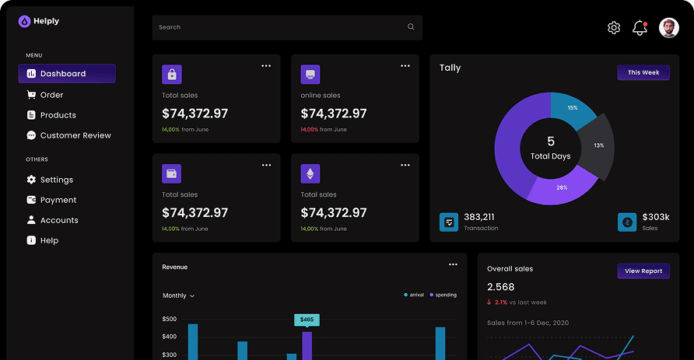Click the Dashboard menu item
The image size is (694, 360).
(x=67, y=73)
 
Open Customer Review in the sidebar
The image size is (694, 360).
(x=68, y=135)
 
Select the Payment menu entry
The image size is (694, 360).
(x=51, y=200)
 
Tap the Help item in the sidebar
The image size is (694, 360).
(x=43, y=240)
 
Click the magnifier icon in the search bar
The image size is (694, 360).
(x=411, y=27)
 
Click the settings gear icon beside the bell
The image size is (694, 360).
(x=613, y=28)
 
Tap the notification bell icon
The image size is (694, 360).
(x=640, y=28)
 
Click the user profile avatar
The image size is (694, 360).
(x=669, y=28)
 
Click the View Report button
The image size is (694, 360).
(x=643, y=271)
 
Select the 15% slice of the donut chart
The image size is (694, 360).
(x=572, y=108)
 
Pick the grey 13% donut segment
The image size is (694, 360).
(x=598, y=146)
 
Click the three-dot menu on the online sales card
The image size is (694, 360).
(x=405, y=66)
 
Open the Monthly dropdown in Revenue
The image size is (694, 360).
(x=178, y=295)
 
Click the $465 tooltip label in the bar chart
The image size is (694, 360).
(x=307, y=320)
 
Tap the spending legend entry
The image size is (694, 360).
(x=443, y=295)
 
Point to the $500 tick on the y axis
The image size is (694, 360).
(x=170, y=319)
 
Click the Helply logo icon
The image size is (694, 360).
(x=24, y=21)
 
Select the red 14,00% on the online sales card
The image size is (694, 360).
(x=310, y=130)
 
